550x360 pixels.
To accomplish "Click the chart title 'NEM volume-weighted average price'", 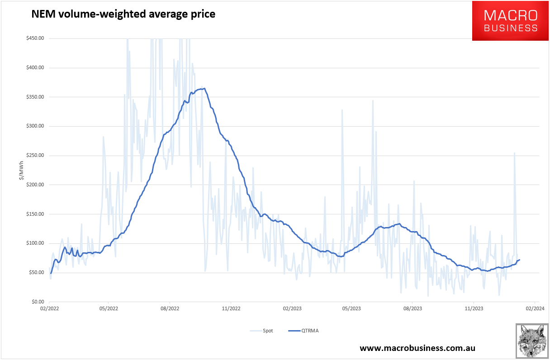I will point(123,14).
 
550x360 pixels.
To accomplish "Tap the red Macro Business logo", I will point(510,21).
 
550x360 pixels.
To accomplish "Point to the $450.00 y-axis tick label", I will point(35,38).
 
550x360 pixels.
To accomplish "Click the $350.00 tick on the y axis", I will point(35,97).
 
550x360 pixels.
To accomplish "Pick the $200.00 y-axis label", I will point(35,185).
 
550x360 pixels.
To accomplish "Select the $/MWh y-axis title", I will point(21,170).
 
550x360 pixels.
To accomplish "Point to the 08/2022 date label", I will point(170,309).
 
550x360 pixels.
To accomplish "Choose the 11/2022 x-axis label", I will point(231,309).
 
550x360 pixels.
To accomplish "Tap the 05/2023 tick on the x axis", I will point(351,309).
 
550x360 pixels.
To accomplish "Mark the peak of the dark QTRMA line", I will point(205,88).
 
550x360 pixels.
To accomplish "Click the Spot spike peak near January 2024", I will point(514,153).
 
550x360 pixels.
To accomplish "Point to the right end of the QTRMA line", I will point(519,260).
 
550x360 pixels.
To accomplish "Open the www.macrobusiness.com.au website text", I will point(417,348).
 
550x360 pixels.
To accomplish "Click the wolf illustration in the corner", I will point(531,341).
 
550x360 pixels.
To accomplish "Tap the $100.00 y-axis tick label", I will point(35,243).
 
